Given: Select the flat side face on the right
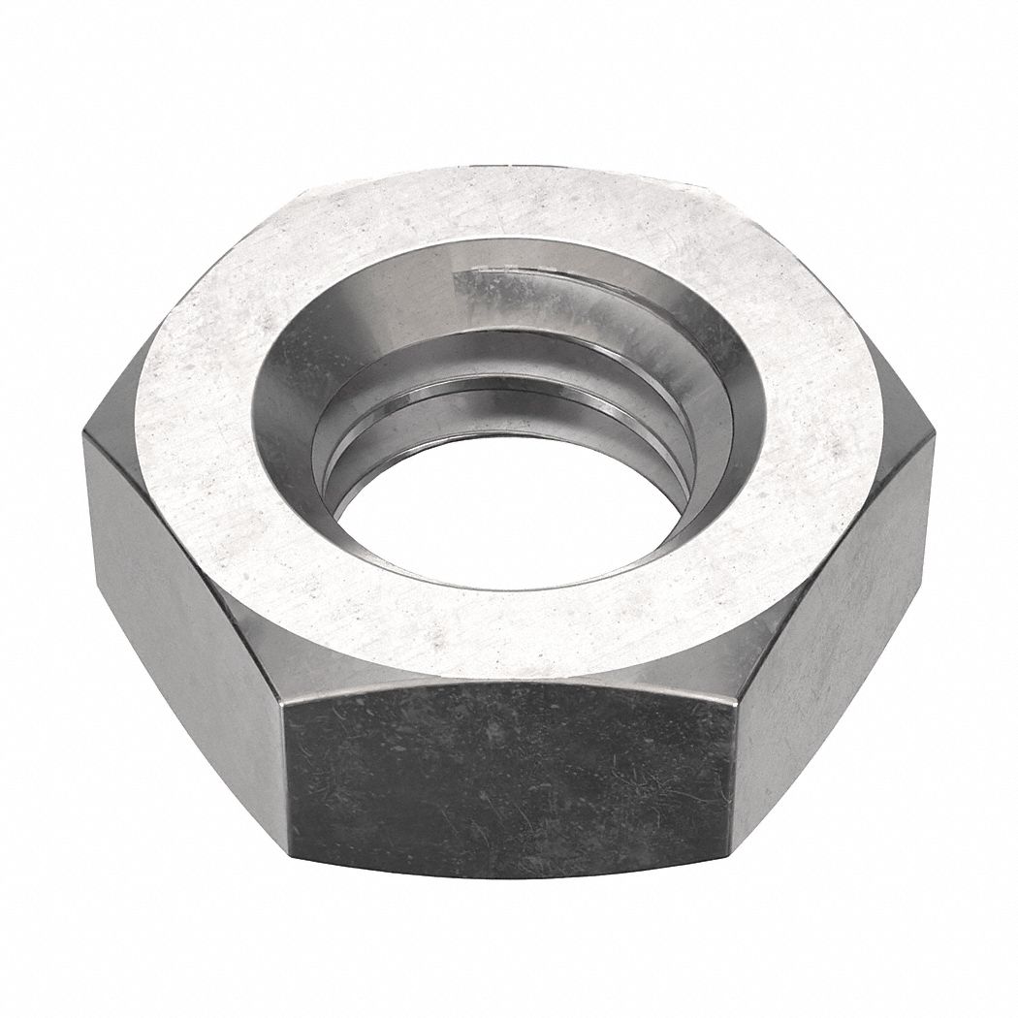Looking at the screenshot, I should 834,582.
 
